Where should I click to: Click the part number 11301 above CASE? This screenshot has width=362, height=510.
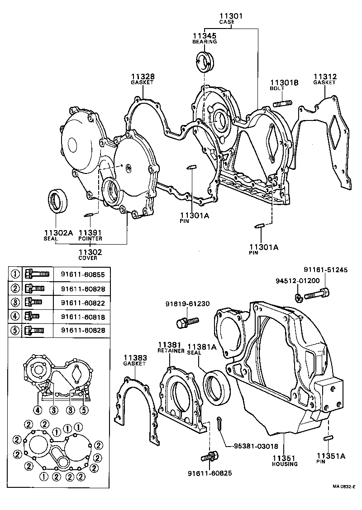click(231, 16)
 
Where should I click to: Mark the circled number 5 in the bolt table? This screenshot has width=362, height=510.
click(15, 330)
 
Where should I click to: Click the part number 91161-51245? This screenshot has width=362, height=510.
click(325, 270)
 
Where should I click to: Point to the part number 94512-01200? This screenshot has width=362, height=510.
click(297, 280)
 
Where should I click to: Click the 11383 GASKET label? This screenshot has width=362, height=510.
click(134, 361)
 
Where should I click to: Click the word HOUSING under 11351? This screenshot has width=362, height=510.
click(285, 464)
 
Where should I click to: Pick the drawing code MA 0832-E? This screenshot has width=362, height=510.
click(345, 487)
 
